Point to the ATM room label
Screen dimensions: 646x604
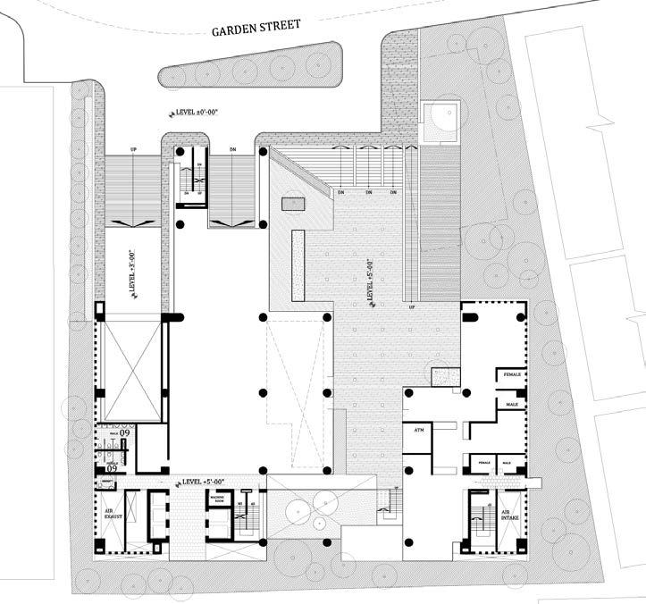coord(418,430)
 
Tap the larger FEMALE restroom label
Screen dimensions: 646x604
coord(511,373)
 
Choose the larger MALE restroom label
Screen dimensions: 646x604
coord(512,405)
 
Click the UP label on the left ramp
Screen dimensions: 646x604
coord(133,149)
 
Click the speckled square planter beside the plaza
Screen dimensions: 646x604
coord(442,376)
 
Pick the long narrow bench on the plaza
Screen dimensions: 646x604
coord(298,264)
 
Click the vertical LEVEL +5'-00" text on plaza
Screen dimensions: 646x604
coord(370,281)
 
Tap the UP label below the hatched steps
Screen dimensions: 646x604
coord(412,306)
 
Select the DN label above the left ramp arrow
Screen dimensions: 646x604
coord(233,149)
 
